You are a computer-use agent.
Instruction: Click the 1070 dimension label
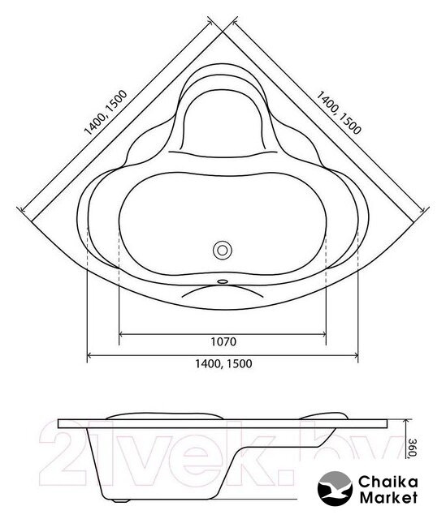pos(223,341)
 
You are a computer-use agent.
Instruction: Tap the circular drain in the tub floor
pos(222,251)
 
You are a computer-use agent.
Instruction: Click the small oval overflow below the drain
pos(222,281)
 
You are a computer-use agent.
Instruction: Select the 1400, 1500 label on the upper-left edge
pos(106,113)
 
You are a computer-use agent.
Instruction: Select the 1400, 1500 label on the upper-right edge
pos(338,113)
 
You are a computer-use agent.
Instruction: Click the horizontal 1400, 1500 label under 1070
pos(223,363)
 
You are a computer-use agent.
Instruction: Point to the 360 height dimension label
pos(412,448)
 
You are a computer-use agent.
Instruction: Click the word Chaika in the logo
pos(388,482)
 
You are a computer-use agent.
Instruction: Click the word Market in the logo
pos(388,497)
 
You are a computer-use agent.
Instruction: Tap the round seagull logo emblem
pos(335,488)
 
